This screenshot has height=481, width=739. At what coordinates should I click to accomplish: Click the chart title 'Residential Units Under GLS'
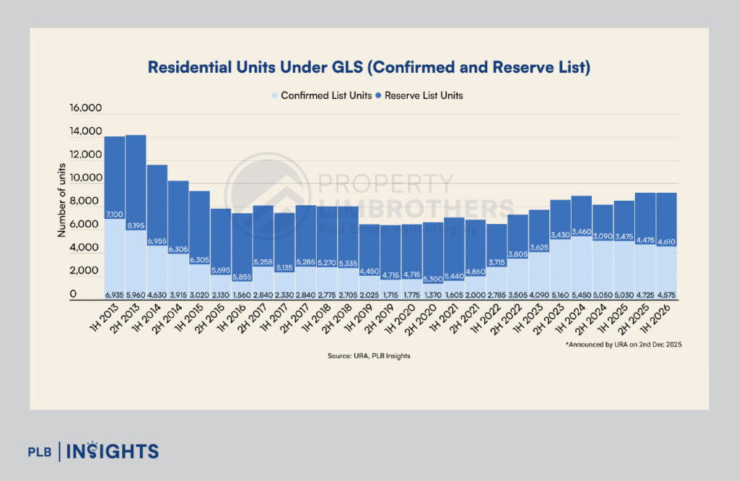tap(369, 68)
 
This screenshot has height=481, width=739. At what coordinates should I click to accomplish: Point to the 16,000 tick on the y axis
tap(86, 108)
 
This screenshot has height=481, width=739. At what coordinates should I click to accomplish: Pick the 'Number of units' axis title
tap(61, 200)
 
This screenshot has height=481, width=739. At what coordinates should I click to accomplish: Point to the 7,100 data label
tap(115, 214)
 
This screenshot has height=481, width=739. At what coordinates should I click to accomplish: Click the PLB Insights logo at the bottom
tap(92, 452)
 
